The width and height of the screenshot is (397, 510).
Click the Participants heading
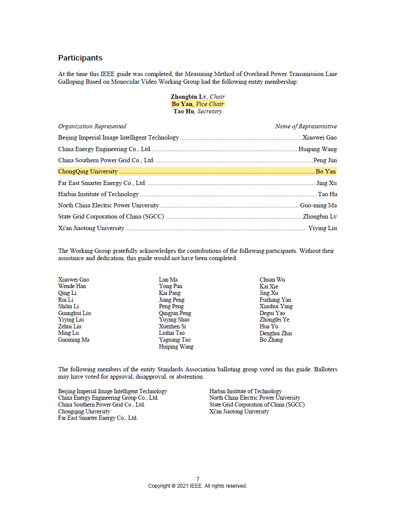point(80,58)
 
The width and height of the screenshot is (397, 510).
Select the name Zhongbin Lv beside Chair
point(188,97)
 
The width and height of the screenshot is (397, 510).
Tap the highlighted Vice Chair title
point(210,104)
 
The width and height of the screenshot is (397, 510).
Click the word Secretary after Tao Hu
point(210,111)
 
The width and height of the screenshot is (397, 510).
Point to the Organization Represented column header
point(92,126)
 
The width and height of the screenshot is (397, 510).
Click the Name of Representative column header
point(306,126)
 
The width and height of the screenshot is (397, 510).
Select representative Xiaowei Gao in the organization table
point(320,138)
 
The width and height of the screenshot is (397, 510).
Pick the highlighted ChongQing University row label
point(88,171)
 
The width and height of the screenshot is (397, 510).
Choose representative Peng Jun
point(325,161)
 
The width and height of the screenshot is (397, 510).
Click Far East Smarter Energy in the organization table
point(102,183)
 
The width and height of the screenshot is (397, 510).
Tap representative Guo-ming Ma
point(318,206)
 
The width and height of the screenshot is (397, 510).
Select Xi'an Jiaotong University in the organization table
point(92,228)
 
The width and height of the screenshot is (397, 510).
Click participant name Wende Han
point(72,286)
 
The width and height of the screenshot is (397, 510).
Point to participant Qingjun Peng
point(175,313)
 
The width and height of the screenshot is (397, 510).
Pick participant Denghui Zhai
point(276,333)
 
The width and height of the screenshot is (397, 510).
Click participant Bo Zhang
point(271,340)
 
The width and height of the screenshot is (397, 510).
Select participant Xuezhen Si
point(172,327)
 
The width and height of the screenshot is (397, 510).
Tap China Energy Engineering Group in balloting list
point(108,398)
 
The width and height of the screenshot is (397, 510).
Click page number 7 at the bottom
point(198,479)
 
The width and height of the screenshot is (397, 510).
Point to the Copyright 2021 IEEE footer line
point(198,486)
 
